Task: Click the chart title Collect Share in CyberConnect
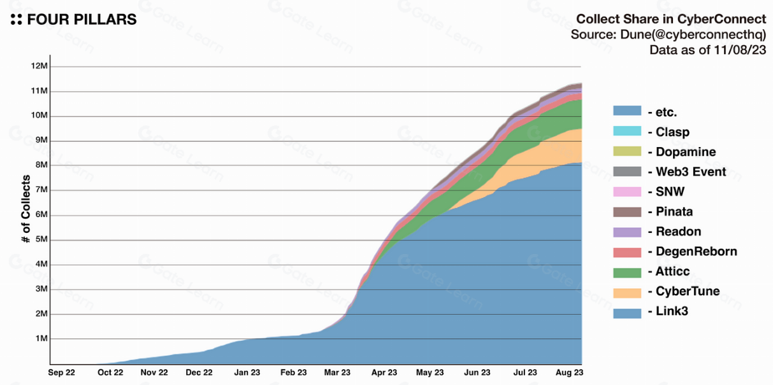click(670, 19)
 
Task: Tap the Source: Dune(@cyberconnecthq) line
click(668, 35)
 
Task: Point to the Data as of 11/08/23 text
click(707, 50)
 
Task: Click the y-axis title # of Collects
click(26, 209)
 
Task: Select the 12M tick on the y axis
click(39, 66)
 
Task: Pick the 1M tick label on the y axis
click(40, 339)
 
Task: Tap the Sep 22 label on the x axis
click(62, 373)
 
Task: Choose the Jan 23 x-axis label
click(247, 373)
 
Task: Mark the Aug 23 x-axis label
click(569, 373)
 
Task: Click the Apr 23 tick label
click(384, 373)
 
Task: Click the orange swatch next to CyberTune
click(627, 292)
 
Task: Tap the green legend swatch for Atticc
click(627, 272)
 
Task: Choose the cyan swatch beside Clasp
click(627, 131)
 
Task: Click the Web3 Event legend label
click(690, 172)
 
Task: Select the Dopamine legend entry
click(685, 152)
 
